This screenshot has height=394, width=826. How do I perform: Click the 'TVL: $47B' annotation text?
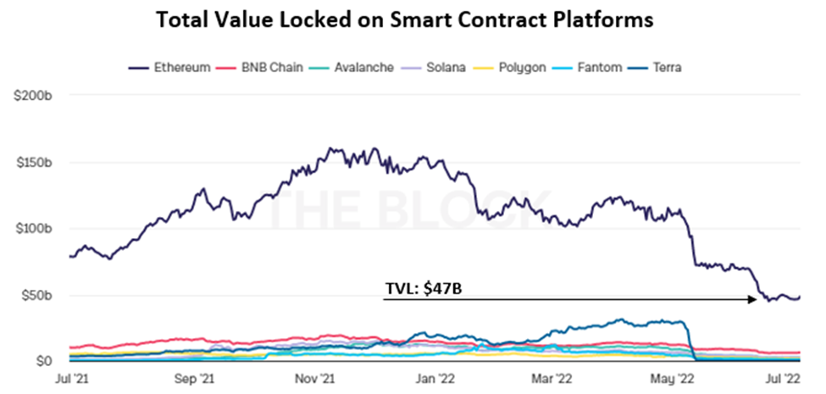click(424, 289)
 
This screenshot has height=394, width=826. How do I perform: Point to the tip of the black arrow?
click(757, 299)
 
